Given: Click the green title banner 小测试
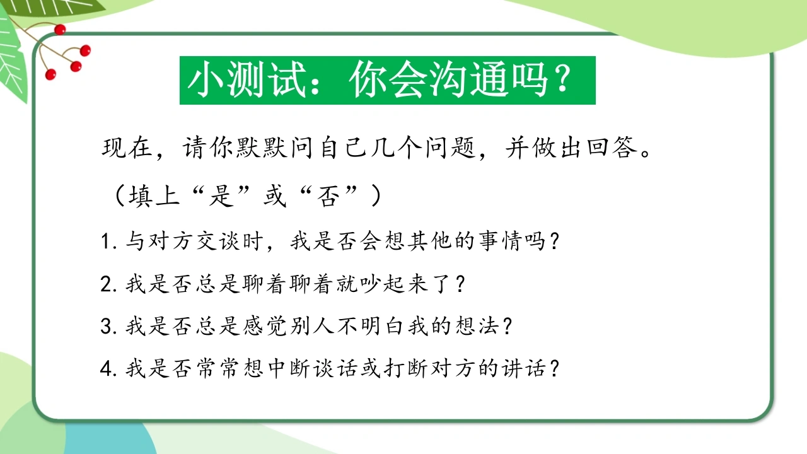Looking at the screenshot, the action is click(388, 80).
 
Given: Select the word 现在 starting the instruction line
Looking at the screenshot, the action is click(127, 148).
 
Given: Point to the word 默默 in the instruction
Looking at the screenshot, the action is click(262, 148).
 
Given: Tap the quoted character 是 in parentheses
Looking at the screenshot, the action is click(220, 196).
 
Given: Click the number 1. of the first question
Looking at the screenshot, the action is click(109, 242).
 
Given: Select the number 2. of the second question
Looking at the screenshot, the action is click(109, 284).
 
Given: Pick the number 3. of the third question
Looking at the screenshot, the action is click(109, 327).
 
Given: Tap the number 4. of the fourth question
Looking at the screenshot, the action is click(109, 369).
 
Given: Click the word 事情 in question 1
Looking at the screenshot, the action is click(500, 241).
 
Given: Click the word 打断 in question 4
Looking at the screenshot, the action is click(405, 369).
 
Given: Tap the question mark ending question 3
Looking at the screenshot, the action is click(508, 327).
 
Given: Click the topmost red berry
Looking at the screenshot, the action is click(60, 30).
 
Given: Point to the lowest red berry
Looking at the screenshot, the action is click(51, 74).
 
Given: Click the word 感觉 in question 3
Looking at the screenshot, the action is click(264, 327).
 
